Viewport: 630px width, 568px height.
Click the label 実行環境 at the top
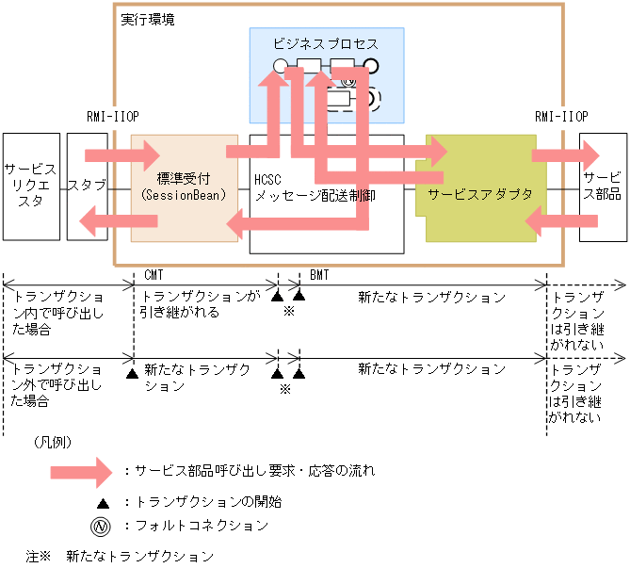coord(148,19)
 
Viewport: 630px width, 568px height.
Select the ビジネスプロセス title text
coord(325,44)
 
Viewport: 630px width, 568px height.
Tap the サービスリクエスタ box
coord(30,186)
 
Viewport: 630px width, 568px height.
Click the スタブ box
coord(87,186)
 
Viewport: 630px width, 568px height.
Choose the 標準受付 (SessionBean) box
coord(184,186)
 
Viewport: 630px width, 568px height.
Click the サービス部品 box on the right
coord(602,187)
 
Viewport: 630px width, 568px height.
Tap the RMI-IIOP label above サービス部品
coord(560,117)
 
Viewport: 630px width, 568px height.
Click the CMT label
coord(155,274)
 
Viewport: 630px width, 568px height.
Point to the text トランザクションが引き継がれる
coord(200,304)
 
